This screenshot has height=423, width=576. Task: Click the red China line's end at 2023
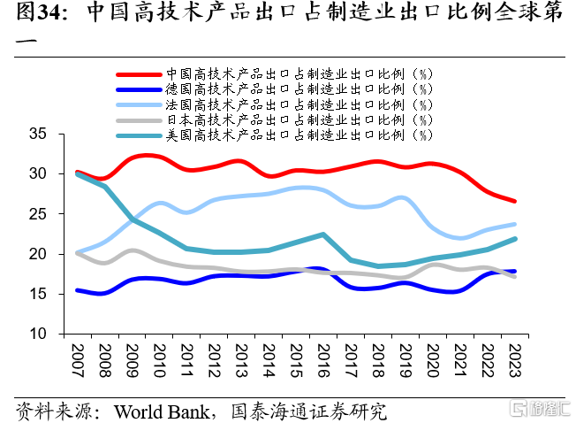point(515,202)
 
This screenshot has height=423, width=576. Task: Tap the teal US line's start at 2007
point(78,173)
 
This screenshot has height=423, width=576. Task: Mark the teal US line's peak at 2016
point(324,235)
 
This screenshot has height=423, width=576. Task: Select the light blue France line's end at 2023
point(515,225)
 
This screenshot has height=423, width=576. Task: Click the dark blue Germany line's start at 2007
point(78,290)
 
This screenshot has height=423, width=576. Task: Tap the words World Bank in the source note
point(161,411)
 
